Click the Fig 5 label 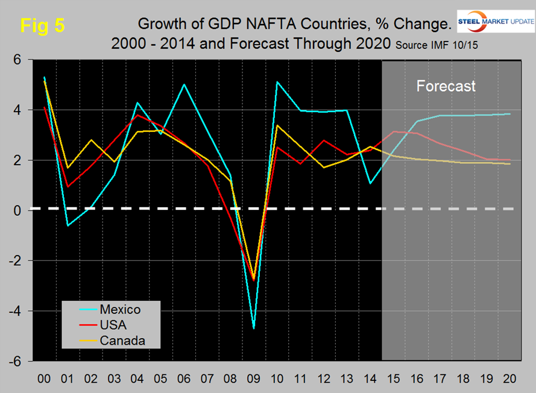point(42,25)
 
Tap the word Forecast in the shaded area point(446,86)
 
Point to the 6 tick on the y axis point(17,60)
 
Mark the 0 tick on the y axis point(17,210)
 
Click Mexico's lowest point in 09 point(253,328)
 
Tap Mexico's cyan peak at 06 point(184,84)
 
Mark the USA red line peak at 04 point(137,115)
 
